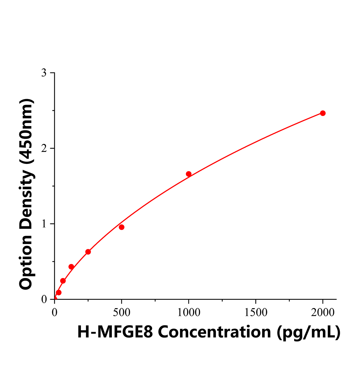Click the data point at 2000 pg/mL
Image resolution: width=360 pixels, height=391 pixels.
tap(322, 113)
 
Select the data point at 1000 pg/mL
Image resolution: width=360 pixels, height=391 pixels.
tap(188, 174)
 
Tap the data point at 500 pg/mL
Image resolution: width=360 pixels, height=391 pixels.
tap(122, 227)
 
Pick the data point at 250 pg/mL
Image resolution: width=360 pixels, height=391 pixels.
tap(88, 252)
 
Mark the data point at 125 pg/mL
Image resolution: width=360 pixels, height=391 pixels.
tap(71, 267)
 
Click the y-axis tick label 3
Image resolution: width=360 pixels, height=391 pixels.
tap(44, 73)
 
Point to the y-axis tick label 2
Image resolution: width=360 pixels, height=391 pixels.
tap(44, 149)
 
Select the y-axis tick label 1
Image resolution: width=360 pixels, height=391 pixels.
tap(44, 224)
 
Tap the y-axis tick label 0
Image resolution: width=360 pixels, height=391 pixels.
tap(44, 299)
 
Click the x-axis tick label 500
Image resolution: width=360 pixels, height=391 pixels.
tap(122, 312)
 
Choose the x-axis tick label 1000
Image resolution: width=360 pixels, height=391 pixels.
tap(188, 312)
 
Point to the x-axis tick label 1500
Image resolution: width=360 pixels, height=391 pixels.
tap(256, 312)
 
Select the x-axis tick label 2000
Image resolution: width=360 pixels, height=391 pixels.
tap(322, 312)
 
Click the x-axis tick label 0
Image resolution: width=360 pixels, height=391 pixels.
tap(54, 312)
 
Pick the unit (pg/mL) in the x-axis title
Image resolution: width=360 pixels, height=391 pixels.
tap(308, 332)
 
